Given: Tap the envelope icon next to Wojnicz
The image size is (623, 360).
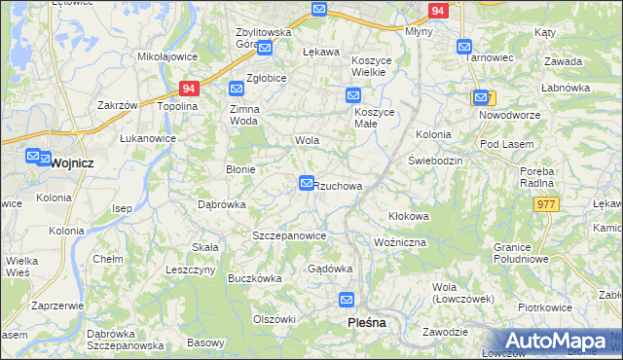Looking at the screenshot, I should click(34, 156).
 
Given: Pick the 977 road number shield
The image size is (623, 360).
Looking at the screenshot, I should click(547, 203).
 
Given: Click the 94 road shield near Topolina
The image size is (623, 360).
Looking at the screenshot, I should click(190, 89).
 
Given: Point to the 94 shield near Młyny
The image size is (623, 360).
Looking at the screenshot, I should click(438, 12).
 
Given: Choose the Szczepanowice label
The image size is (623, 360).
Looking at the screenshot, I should click(289, 236).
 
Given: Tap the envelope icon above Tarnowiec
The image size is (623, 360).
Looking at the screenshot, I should click(464, 46).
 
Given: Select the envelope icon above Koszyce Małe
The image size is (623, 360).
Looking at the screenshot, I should click(353, 95).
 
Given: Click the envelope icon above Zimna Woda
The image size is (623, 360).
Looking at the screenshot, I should click(237, 89).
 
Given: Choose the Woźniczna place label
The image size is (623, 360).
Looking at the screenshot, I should click(400, 241).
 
